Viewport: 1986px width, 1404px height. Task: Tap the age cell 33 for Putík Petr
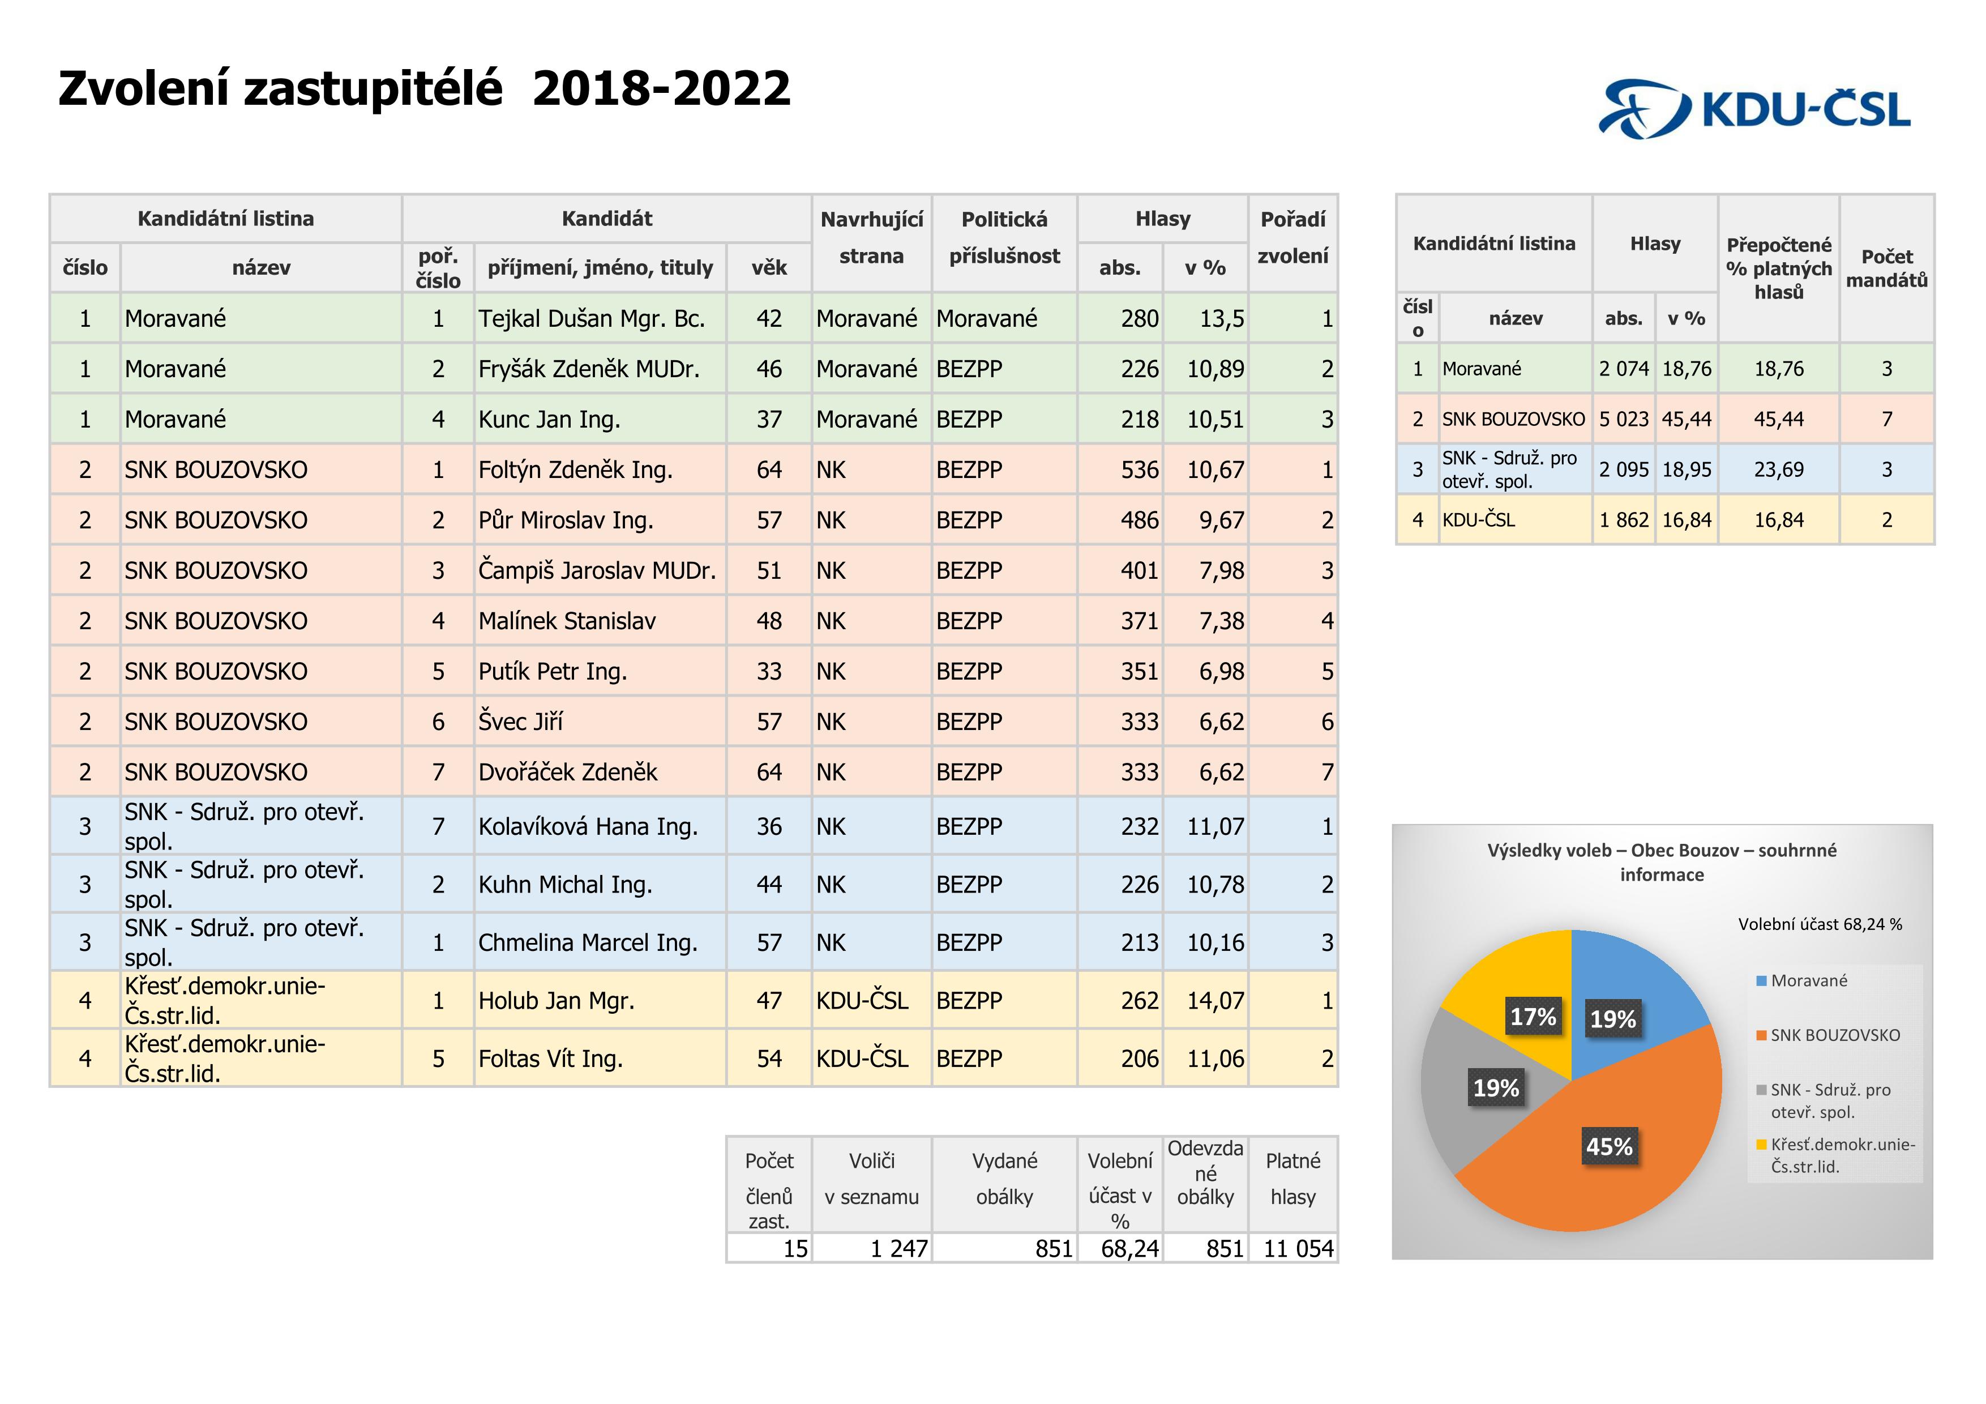click(768, 671)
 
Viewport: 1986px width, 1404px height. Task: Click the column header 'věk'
click(768, 267)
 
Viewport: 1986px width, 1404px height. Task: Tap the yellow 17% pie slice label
click(1532, 1017)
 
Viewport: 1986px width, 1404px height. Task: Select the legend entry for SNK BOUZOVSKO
click(1834, 1035)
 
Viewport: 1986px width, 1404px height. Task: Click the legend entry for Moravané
click(1808, 980)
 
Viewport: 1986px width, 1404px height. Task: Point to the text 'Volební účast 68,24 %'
click(1820, 924)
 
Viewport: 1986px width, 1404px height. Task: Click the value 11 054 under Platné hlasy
click(1298, 1248)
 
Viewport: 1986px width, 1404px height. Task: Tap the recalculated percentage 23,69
click(1778, 470)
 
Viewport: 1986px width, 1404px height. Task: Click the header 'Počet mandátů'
click(1886, 268)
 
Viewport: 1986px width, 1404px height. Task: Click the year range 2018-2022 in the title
click(662, 89)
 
